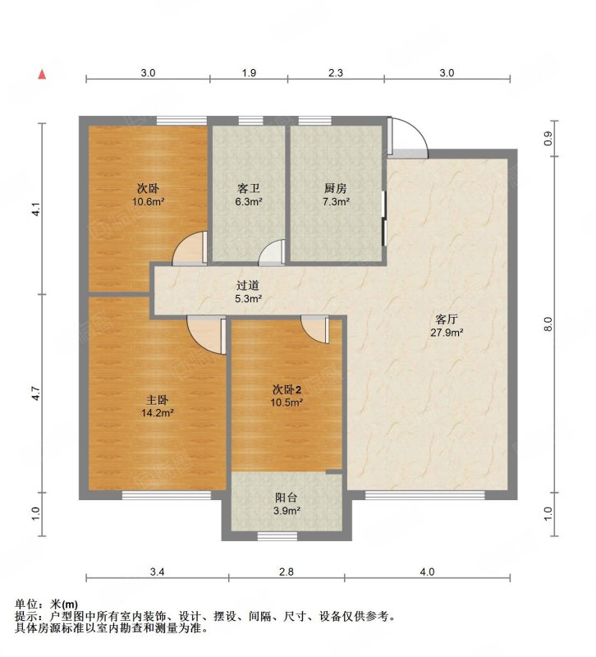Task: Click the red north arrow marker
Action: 42,74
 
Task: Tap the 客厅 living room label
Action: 447,319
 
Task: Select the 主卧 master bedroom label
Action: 157,400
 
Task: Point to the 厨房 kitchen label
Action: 336,188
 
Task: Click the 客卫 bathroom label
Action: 248,188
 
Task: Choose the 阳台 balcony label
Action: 287,498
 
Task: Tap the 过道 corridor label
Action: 248,285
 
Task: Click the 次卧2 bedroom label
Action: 287,389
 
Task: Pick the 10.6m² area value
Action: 149,201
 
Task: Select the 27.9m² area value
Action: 447,333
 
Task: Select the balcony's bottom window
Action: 277,536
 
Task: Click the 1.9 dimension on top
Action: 249,73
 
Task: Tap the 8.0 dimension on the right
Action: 548,324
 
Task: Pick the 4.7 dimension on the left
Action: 36,393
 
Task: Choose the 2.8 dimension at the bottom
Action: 287,572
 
